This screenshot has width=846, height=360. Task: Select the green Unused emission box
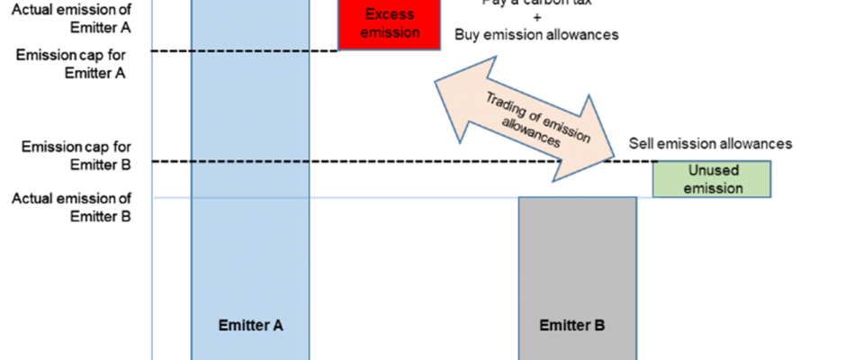click(713, 179)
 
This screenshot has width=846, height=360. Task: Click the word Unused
click(713, 170)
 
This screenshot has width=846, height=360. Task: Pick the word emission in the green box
click(713, 188)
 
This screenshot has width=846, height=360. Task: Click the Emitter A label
click(251, 325)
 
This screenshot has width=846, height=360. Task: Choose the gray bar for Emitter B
click(577, 261)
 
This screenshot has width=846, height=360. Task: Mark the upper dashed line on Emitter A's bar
click(250, 51)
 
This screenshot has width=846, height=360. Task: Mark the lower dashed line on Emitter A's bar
click(250, 162)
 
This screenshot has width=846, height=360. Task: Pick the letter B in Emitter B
click(600, 325)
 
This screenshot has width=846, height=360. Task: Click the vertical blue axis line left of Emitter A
click(153, 108)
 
